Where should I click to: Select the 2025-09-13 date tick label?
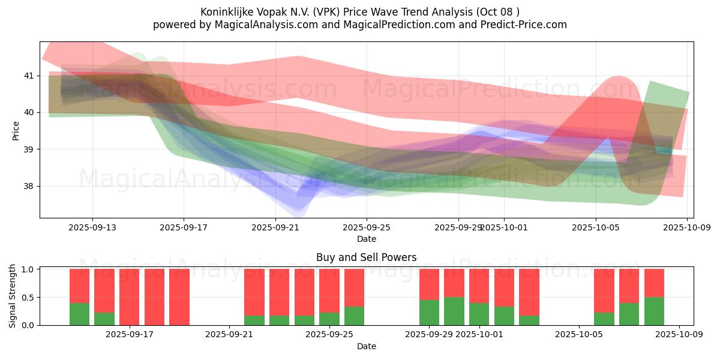[92, 227]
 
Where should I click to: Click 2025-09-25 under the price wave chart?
[367, 227]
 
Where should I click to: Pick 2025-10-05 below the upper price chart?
[596, 227]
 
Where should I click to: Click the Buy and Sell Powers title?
[366, 257]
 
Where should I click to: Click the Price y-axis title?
[16, 130]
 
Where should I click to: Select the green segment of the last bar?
[654, 311]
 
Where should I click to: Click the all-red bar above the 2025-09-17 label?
[130, 297]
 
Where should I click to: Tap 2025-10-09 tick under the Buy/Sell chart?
[679, 335]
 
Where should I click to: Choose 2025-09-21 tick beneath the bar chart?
[230, 335]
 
